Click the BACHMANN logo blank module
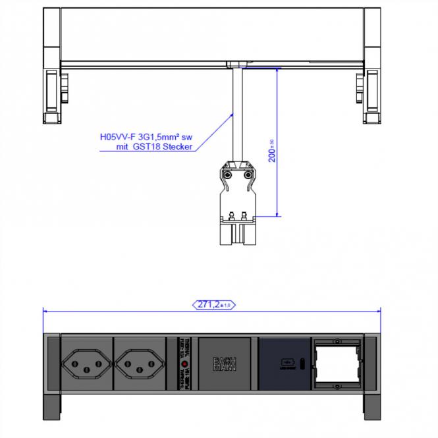[224, 364]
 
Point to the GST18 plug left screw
[227, 175]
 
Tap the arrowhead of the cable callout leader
[233, 114]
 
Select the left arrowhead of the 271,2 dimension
[45, 310]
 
